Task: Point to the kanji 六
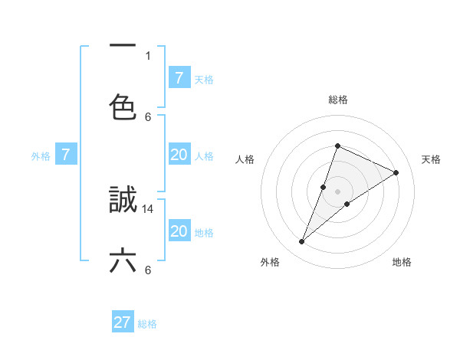click(x=123, y=260)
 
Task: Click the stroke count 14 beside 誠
click(x=149, y=208)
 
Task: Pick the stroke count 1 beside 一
click(x=148, y=55)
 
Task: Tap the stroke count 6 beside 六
click(x=148, y=270)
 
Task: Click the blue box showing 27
click(x=123, y=322)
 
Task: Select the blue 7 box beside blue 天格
click(x=179, y=78)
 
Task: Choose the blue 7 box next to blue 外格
click(x=66, y=155)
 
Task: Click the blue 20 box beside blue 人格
click(x=179, y=155)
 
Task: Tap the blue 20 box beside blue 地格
click(x=179, y=231)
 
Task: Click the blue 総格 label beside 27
click(x=147, y=324)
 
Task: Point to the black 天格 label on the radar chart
click(x=431, y=159)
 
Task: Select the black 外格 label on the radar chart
click(x=270, y=262)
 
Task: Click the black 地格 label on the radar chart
click(x=402, y=262)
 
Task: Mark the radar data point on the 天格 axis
click(x=396, y=172)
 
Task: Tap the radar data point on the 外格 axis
click(x=302, y=242)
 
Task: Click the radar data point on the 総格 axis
click(x=337, y=146)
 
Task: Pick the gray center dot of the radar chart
click(x=337, y=191)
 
